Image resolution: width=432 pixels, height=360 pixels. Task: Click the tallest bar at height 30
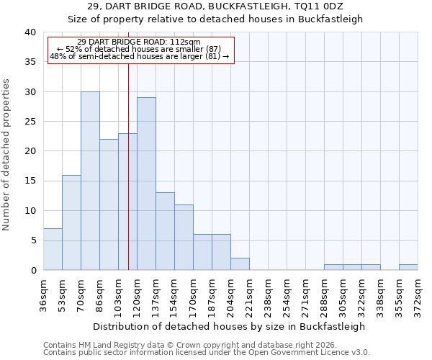click(90, 181)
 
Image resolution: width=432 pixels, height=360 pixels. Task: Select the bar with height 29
click(146, 184)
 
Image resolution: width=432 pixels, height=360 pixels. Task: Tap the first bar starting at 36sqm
click(53, 249)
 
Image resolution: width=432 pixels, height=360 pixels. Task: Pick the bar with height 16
click(71, 222)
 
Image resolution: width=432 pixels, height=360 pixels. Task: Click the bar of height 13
click(165, 231)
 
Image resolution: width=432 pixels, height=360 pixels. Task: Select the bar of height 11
click(184, 237)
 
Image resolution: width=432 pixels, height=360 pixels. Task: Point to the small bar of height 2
click(240, 264)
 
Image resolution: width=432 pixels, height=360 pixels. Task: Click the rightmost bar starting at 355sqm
click(408, 267)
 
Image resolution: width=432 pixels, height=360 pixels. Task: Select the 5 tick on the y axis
click(33, 240)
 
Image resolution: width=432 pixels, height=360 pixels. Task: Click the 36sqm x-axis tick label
click(43, 294)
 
